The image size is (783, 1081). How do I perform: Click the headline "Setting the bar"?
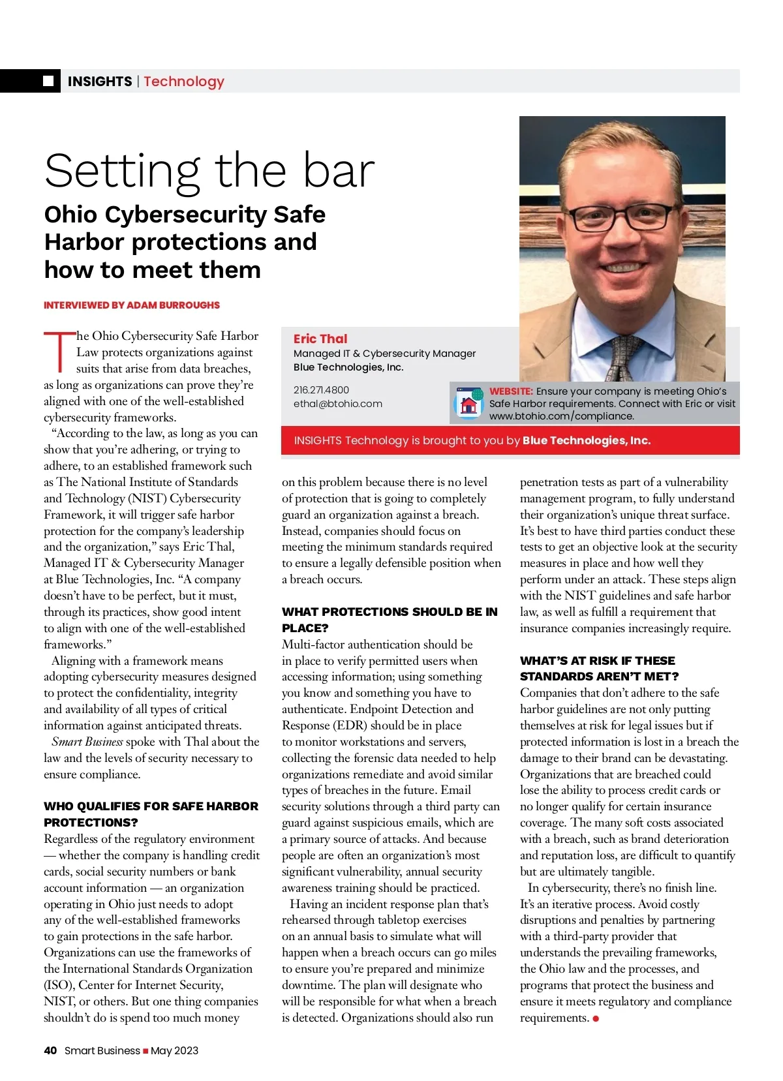coord(209,171)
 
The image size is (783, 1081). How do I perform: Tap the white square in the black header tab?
coord(48,81)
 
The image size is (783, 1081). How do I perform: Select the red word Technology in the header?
coord(184,82)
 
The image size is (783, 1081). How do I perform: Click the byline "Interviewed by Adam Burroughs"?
coord(132,305)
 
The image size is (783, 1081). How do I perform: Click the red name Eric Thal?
coord(320,339)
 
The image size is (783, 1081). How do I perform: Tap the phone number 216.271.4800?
coord(321,390)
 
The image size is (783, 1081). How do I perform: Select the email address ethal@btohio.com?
coord(338,404)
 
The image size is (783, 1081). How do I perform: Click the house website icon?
coord(468,404)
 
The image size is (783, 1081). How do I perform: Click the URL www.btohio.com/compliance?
coord(562,416)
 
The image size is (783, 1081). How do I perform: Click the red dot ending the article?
coord(596,1019)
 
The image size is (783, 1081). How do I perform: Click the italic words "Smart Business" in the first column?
coord(87,742)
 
